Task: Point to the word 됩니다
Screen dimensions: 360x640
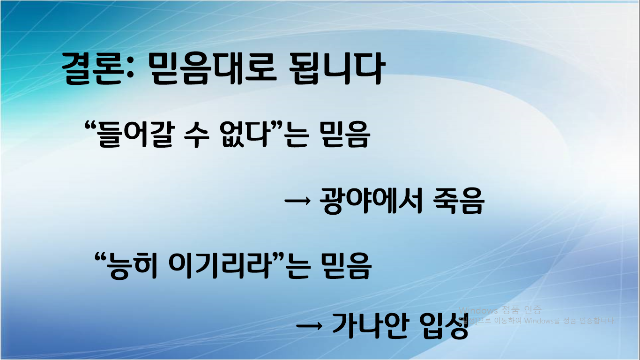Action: [337, 69]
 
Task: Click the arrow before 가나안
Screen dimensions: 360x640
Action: [310, 326]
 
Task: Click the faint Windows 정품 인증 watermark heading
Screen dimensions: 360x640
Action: [500, 310]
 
